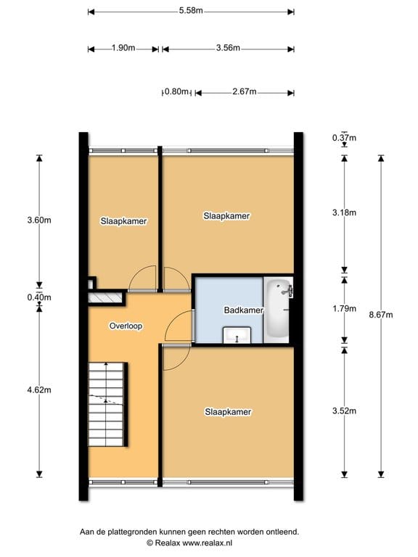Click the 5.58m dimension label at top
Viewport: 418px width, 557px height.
(x=191, y=11)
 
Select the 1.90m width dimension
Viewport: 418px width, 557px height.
(x=123, y=49)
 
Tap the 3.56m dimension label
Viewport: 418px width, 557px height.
(x=228, y=49)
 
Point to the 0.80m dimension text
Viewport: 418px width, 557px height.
(x=176, y=92)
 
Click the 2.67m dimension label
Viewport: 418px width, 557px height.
(x=245, y=92)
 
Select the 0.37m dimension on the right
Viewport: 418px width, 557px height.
(x=344, y=138)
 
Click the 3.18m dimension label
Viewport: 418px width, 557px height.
(x=344, y=213)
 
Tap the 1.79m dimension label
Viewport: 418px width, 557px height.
(x=344, y=309)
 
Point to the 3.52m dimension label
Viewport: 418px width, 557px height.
(x=344, y=411)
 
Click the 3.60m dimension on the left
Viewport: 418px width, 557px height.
(x=40, y=221)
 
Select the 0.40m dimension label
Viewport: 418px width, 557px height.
(x=40, y=297)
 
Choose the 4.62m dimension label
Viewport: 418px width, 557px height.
(x=40, y=389)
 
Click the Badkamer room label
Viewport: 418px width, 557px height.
(x=243, y=310)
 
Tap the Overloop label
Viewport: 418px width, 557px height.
(x=126, y=326)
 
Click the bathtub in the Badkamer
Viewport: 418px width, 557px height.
(x=278, y=309)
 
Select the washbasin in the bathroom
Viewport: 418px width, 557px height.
(x=237, y=334)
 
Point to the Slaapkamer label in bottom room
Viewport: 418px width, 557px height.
(x=228, y=412)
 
